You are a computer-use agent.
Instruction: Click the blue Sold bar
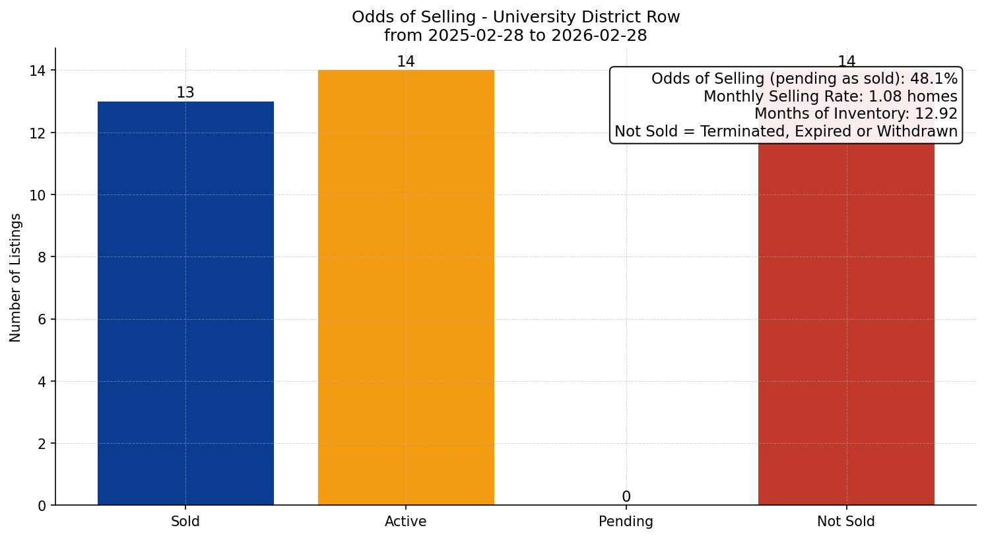(x=185, y=303)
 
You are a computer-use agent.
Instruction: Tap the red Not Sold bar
(x=846, y=323)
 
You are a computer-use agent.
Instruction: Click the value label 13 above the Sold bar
(x=185, y=93)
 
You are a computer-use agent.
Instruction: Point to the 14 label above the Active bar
(x=406, y=62)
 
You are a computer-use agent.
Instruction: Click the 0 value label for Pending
(x=626, y=497)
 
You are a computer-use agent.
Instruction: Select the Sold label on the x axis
(x=185, y=522)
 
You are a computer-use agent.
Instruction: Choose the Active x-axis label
(x=406, y=522)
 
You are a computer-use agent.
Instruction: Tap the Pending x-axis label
(x=626, y=522)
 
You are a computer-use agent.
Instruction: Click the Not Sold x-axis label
(x=846, y=522)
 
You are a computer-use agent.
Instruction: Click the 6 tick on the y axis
(x=42, y=320)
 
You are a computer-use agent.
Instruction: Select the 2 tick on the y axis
(x=42, y=444)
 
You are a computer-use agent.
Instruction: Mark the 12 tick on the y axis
(x=38, y=133)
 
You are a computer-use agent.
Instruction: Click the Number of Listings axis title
(x=16, y=278)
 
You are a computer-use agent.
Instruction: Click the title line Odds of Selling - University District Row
(x=515, y=17)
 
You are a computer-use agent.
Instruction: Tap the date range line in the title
(x=515, y=36)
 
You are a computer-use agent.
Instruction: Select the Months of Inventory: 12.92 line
(x=855, y=114)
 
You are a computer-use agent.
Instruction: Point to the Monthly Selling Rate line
(x=830, y=96)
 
